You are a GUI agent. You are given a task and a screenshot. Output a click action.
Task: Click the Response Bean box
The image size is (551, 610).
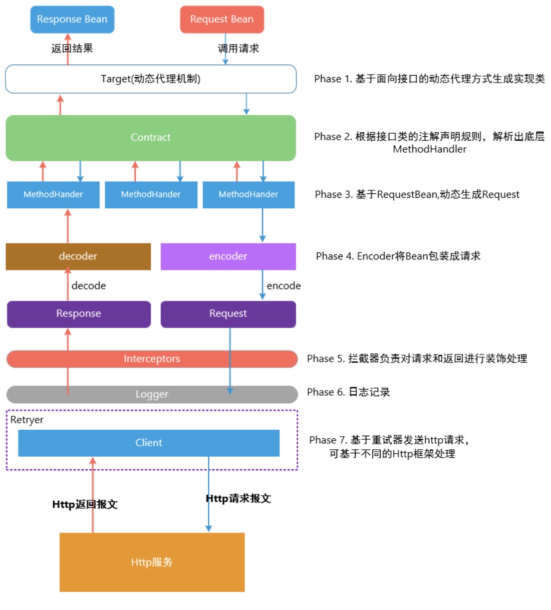pyautogui.click(x=72, y=20)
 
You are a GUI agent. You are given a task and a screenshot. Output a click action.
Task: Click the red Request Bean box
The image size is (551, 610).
pyautogui.click(x=222, y=20)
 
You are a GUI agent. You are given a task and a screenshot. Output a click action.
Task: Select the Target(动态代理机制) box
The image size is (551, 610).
pyautogui.click(x=150, y=79)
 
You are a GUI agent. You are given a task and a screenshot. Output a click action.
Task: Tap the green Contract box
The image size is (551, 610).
pyautogui.click(x=150, y=137)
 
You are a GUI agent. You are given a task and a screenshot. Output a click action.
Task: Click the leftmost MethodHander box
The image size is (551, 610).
pyautogui.click(x=53, y=194)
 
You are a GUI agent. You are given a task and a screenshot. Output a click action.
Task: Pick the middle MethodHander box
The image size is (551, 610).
pyautogui.click(x=151, y=194)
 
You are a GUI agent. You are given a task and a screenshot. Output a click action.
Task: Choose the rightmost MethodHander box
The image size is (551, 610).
pyautogui.click(x=248, y=194)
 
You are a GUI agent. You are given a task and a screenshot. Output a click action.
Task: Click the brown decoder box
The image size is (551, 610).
pyautogui.click(x=78, y=256)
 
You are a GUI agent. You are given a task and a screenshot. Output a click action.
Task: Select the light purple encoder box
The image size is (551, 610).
pyautogui.click(x=228, y=256)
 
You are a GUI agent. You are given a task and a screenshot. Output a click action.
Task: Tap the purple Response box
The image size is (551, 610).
pyautogui.click(x=79, y=314)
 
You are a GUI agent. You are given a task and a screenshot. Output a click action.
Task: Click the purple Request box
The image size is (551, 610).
pyautogui.click(x=228, y=314)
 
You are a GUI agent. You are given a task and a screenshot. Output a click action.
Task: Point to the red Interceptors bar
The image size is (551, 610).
pyautogui.click(x=152, y=359)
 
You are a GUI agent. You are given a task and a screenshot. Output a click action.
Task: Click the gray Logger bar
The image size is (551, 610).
pyautogui.click(x=152, y=394)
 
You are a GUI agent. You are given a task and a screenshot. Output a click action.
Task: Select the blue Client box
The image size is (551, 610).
pyautogui.click(x=149, y=443)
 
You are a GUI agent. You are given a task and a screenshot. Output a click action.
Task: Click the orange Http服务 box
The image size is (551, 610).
pyautogui.click(x=152, y=562)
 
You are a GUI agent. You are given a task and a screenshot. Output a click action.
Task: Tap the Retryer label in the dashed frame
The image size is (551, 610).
pyautogui.click(x=27, y=420)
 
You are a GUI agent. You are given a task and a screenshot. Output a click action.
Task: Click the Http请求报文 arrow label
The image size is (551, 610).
pyautogui.click(x=238, y=498)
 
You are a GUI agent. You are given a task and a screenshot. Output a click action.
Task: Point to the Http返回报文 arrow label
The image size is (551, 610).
pyautogui.click(x=85, y=504)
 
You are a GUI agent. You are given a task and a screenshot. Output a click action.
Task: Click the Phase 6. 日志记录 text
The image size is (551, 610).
pyautogui.click(x=348, y=392)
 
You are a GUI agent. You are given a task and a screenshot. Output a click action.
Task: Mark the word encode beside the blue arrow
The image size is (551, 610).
pyautogui.click(x=284, y=285)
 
